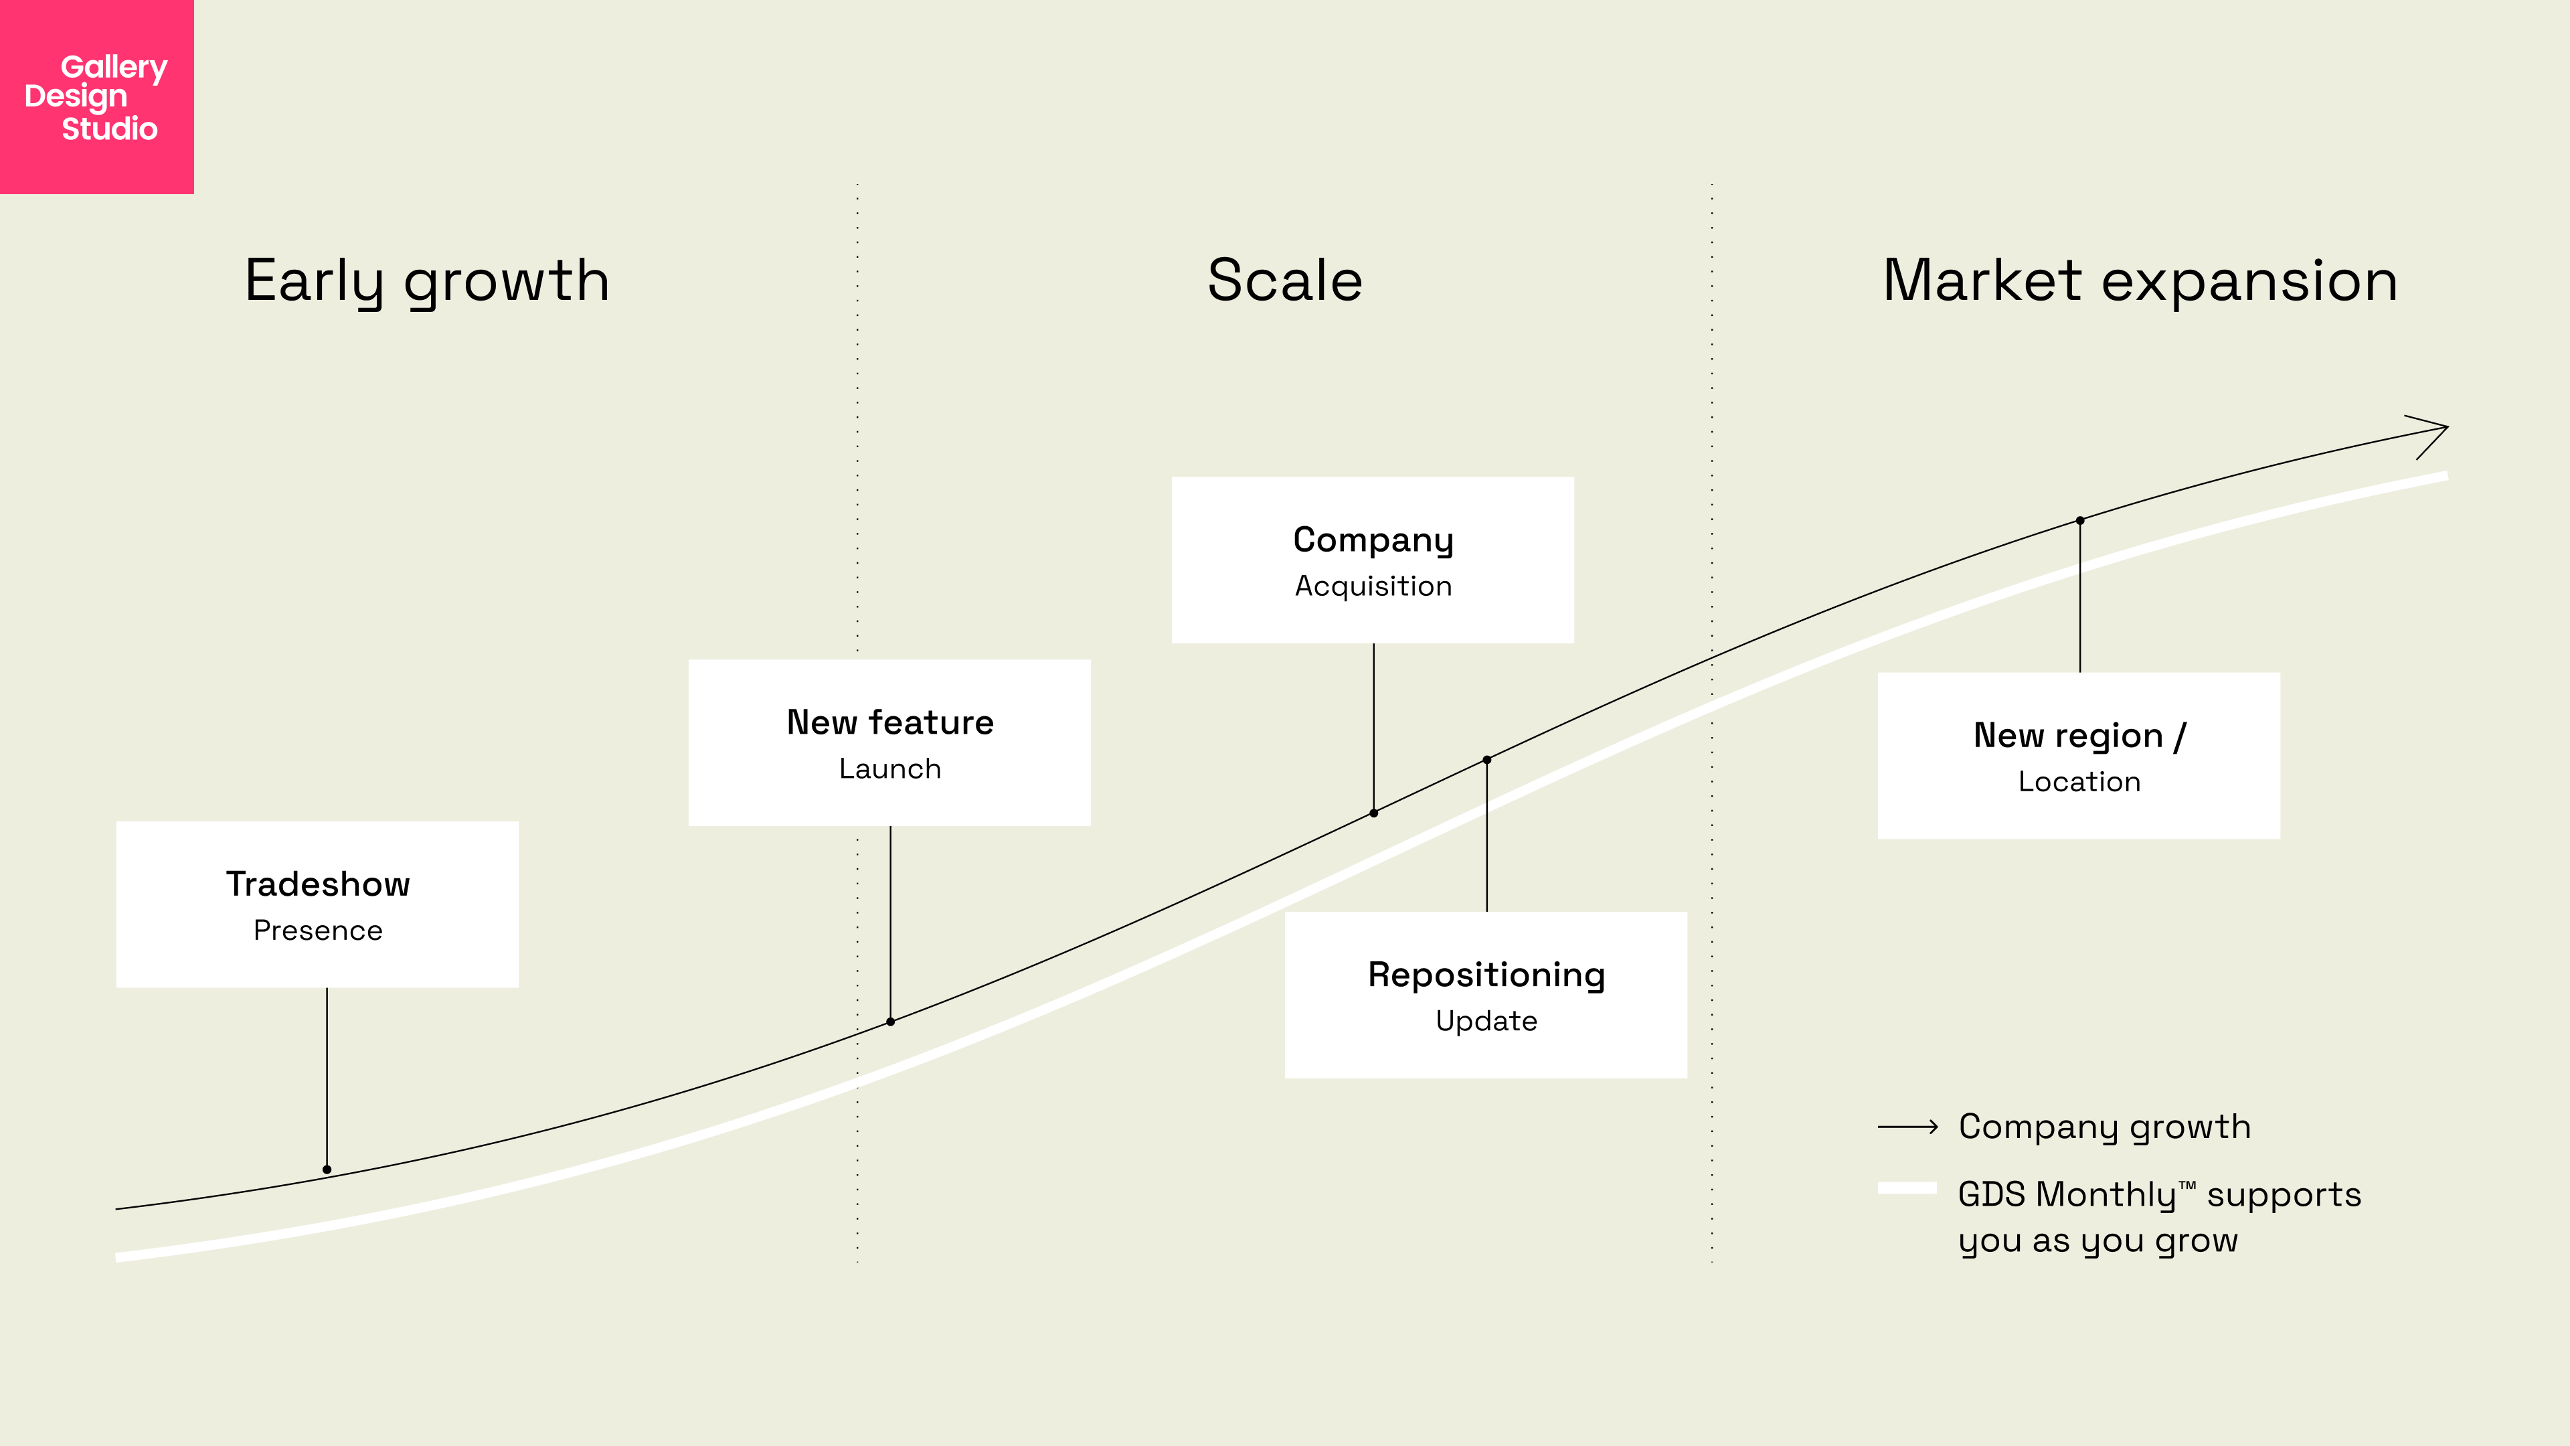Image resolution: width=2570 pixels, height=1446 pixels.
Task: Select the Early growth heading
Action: click(427, 281)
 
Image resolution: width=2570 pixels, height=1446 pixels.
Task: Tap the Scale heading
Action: click(1285, 280)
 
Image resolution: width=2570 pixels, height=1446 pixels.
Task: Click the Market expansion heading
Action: click(2140, 280)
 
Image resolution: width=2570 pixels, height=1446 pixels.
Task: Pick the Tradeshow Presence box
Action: click(317, 904)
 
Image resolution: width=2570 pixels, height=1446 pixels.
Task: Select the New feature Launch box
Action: click(889, 742)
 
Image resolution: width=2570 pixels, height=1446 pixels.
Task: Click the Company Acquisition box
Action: click(1373, 560)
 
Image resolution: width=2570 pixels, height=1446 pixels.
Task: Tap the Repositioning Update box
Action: click(1486, 995)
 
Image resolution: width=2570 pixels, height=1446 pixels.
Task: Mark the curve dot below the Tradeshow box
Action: click(327, 1170)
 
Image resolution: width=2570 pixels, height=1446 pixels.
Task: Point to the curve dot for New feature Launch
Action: click(891, 1022)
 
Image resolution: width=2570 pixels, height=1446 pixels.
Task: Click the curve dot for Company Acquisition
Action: click(1374, 813)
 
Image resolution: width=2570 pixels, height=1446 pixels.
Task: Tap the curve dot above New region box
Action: click(2080, 521)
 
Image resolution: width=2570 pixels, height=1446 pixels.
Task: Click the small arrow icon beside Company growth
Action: click(1907, 1127)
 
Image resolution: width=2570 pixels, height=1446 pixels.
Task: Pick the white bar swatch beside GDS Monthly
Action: click(1907, 1188)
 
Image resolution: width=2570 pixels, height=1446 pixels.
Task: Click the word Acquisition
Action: click(1373, 587)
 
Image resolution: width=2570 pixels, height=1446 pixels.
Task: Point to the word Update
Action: click(1486, 1021)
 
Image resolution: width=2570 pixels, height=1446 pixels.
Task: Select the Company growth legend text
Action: click(2104, 1127)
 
